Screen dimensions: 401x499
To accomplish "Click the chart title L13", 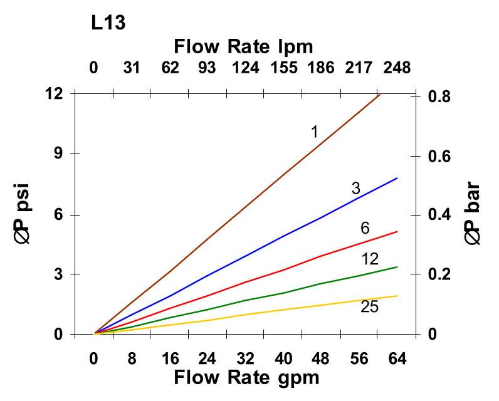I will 108,23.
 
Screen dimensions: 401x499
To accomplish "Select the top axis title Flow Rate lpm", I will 243,46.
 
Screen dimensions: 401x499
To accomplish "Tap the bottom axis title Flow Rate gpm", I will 246,378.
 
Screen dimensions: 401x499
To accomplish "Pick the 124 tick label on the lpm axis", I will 245,66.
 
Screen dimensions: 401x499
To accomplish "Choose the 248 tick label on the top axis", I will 397,66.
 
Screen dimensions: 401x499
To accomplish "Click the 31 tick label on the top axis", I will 132,66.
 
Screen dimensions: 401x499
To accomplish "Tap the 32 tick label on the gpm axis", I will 246,358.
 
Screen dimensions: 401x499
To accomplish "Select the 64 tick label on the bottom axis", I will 397,358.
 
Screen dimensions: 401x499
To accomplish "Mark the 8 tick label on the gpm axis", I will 132,358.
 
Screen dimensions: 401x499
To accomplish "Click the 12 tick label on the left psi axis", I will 55,93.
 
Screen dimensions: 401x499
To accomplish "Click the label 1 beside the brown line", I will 315,132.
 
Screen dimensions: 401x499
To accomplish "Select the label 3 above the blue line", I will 355,189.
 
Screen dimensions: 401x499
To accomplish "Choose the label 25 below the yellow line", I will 370,307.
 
